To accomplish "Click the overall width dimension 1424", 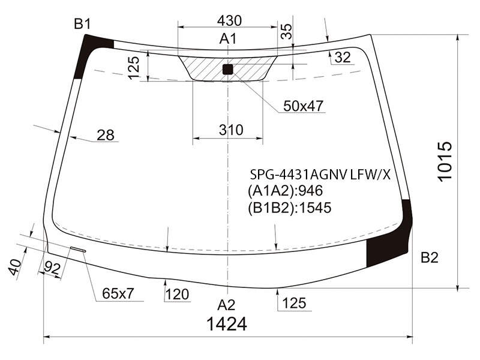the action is click(227, 324).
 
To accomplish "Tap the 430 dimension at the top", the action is click(229, 20).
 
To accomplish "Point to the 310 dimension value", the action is click(231, 130).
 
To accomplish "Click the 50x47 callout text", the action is click(303, 106).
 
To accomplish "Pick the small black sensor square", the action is click(228, 69).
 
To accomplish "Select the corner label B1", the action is click(83, 23).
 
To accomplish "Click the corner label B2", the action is click(430, 257).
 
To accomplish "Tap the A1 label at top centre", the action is click(228, 39).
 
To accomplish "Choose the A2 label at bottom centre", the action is click(227, 305).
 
